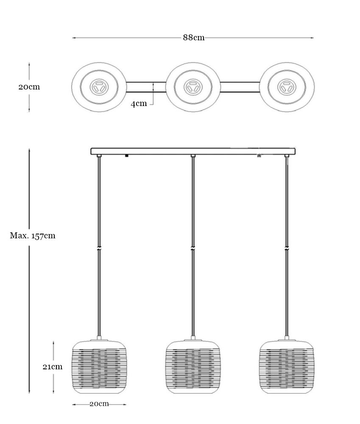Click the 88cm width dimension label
[194, 38]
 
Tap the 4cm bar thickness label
[139, 103]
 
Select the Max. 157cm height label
[33, 236]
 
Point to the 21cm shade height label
[53, 367]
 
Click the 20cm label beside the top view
[29, 87]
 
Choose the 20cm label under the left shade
[99, 404]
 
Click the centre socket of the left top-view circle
[99, 88]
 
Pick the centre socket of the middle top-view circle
[193, 88]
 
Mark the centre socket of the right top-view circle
[287, 88]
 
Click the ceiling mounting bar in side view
[193, 151]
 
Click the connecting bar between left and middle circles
[146, 87]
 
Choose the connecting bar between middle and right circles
[240, 87]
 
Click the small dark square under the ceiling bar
[126, 156]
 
